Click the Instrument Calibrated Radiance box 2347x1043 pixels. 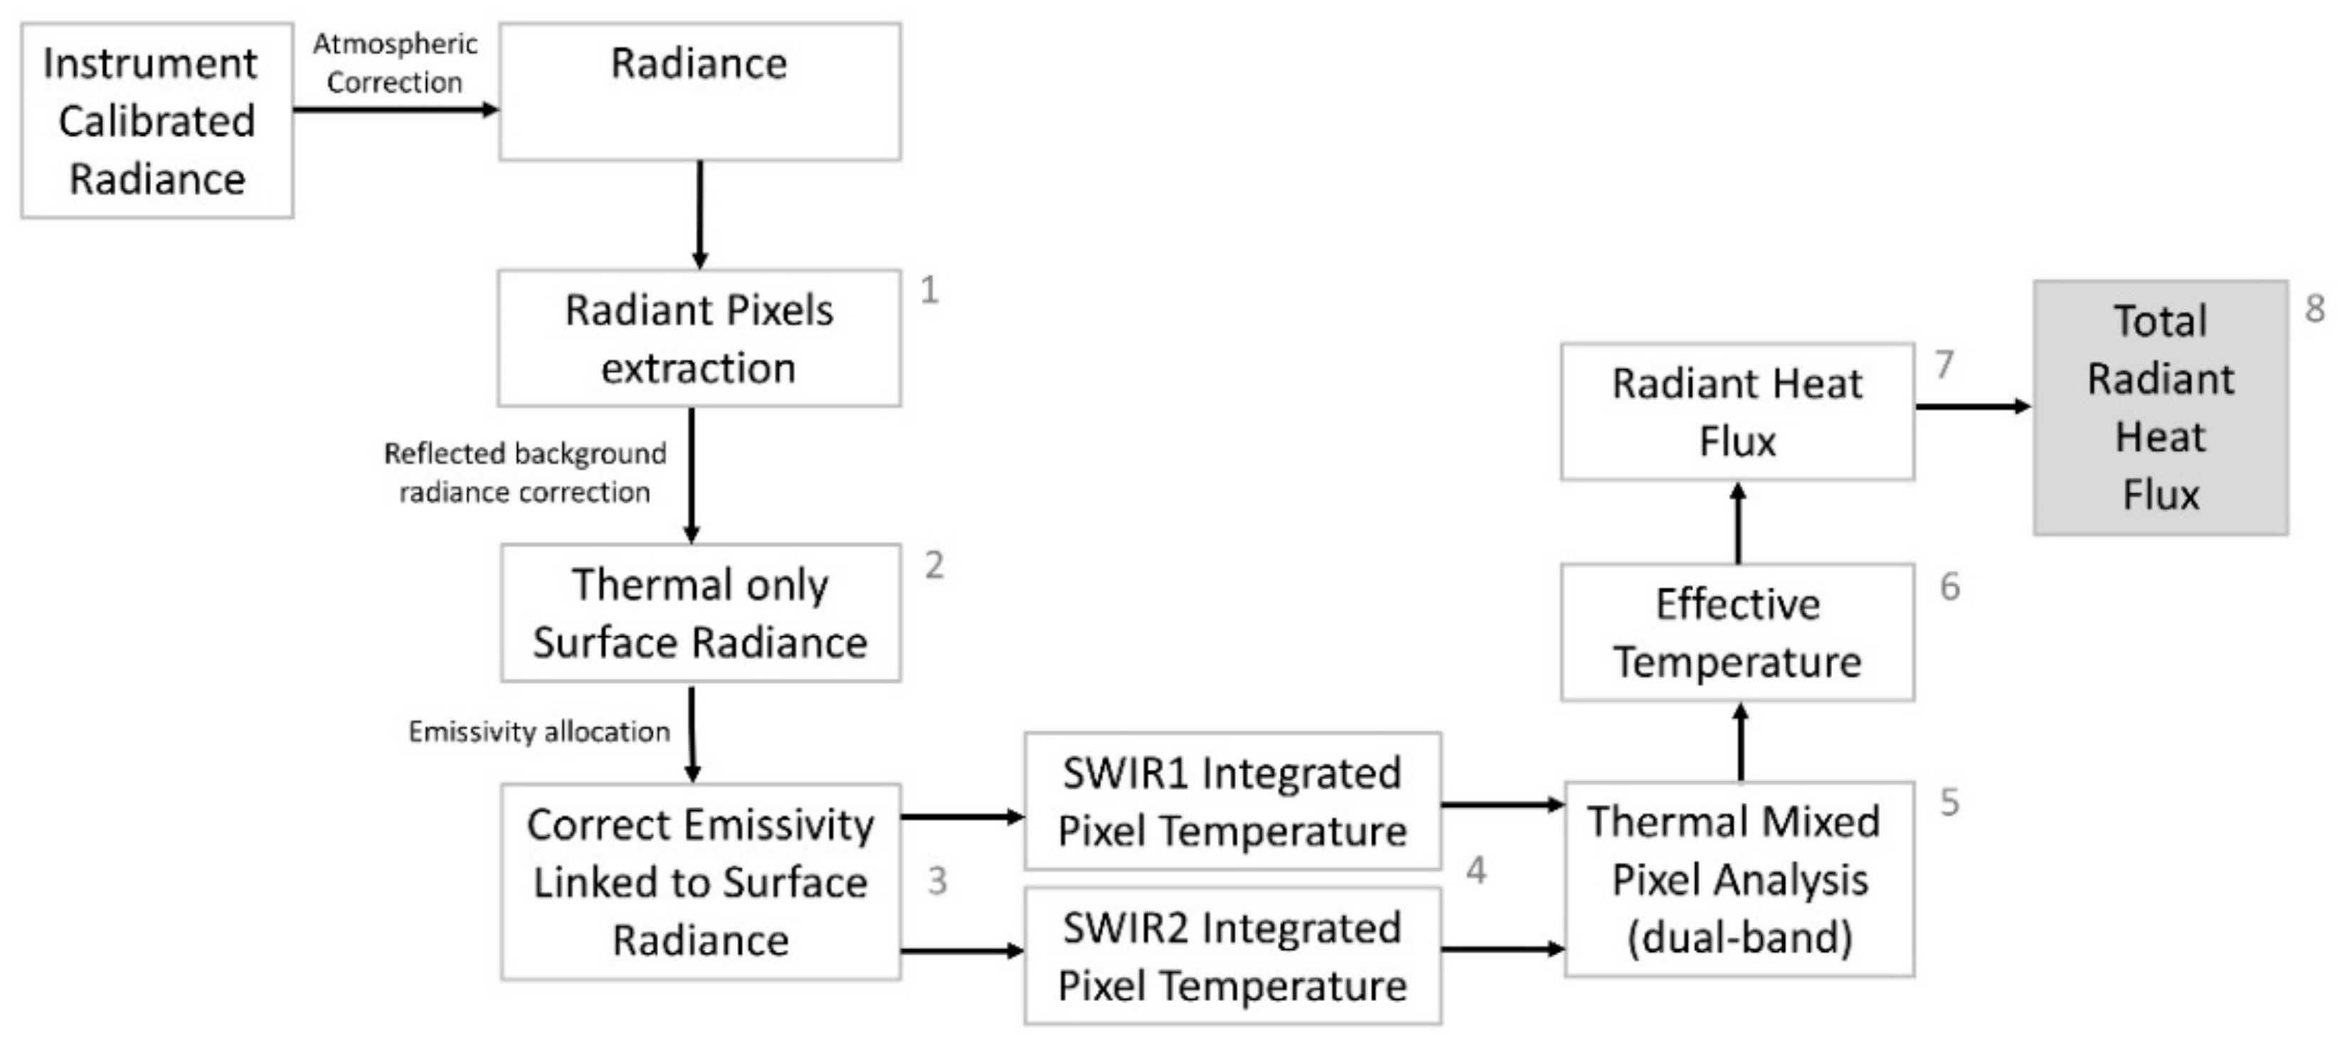point(157,120)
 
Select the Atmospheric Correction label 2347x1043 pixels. point(395,63)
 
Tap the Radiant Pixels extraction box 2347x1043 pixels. point(699,338)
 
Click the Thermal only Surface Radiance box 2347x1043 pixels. point(700,613)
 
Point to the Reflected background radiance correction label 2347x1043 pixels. point(525,473)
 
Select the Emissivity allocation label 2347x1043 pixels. point(539,732)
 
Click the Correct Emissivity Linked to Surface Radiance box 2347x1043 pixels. point(700,882)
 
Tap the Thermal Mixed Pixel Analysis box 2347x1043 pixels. point(1739,879)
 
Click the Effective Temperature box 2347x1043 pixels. point(1737,632)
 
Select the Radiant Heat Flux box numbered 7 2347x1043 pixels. point(1737,412)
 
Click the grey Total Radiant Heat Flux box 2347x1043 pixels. point(2160,408)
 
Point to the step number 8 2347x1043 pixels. point(2315,309)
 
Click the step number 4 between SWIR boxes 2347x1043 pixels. point(1476,871)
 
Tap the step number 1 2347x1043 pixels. point(928,291)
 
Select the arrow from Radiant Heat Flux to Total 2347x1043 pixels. point(1973,406)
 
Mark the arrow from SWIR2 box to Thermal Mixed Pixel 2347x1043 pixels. point(1503,949)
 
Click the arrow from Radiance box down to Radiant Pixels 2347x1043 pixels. point(700,215)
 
